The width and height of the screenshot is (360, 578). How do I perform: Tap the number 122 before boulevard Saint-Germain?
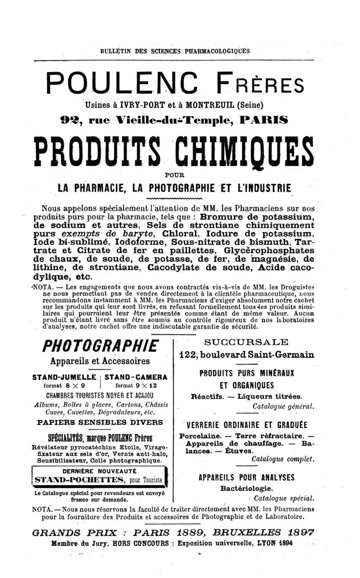[189, 354]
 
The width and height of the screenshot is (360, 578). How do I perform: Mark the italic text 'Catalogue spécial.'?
[283, 498]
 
